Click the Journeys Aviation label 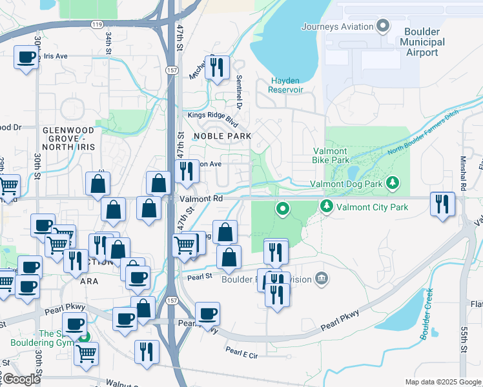(x=338, y=26)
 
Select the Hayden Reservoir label (x=285, y=85)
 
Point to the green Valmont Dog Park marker (x=393, y=184)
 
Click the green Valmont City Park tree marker (x=327, y=206)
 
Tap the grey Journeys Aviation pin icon (x=383, y=26)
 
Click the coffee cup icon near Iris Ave (x=26, y=57)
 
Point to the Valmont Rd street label (x=201, y=199)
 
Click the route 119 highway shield (x=98, y=24)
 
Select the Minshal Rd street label (x=464, y=174)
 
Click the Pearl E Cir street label (x=241, y=353)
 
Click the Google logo (x=21, y=379)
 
